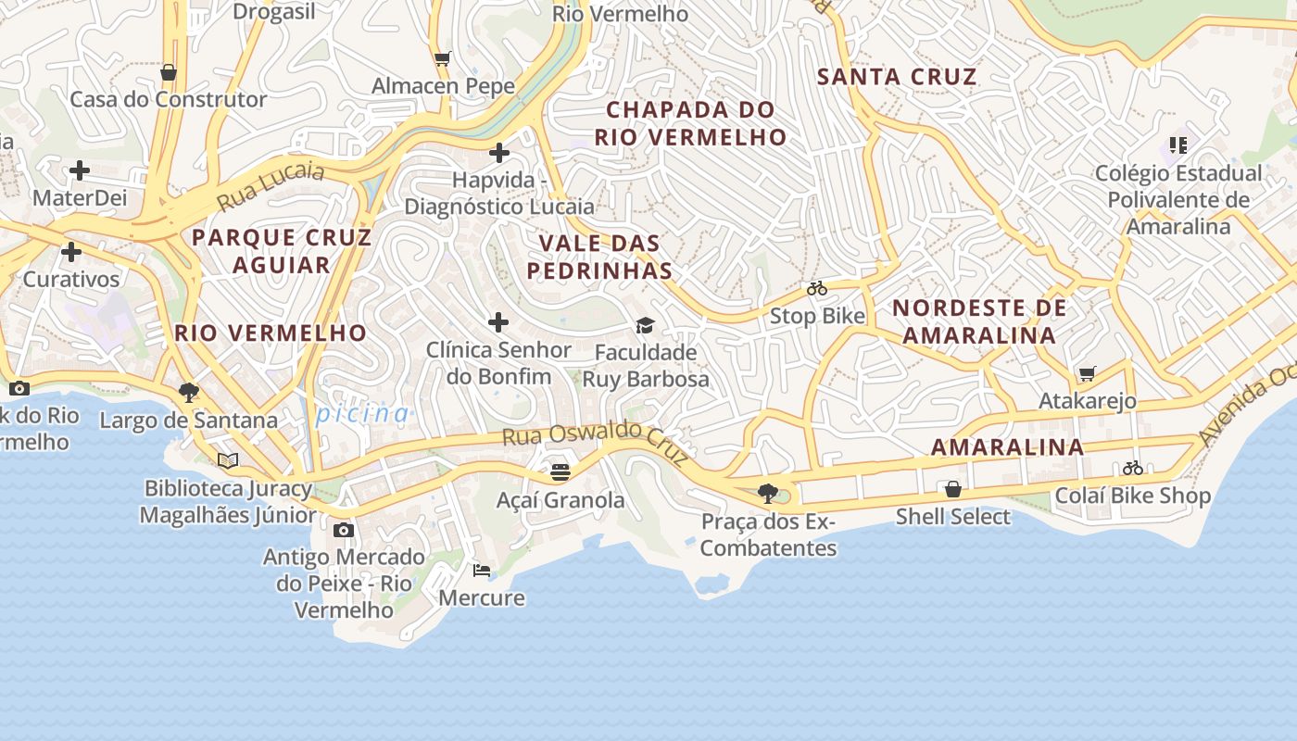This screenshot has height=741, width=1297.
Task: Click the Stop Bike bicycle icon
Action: click(x=816, y=289)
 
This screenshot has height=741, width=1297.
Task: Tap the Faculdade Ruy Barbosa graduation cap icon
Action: click(x=645, y=325)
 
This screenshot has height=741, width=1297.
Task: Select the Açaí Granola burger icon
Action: click(x=560, y=472)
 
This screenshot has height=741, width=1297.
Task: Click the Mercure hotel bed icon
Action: click(x=481, y=570)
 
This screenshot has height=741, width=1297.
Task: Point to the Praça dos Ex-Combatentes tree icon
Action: click(x=768, y=493)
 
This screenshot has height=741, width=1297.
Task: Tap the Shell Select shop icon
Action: click(x=952, y=489)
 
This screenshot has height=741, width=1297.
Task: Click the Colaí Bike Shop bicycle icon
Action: click(x=1132, y=468)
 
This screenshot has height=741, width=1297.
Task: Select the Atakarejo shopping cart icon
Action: click(x=1087, y=374)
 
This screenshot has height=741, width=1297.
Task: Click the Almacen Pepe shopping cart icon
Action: click(x=443, y=59)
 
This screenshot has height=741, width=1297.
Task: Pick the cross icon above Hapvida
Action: click(x=499, y=152)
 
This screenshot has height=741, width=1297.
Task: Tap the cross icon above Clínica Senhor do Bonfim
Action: click(x=498, y=322)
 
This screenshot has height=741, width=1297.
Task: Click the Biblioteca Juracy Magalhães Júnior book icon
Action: click(x=228, y=460)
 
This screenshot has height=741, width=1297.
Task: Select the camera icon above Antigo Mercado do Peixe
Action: click(x=344, y=530)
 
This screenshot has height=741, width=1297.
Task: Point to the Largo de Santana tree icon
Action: click(x=189, y=393)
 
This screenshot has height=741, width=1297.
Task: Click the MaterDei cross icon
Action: click(x=80, y=170)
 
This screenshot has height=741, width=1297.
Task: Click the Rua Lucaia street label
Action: click(x=271, y=185)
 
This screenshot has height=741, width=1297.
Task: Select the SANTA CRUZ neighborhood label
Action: click(x=897, y=77)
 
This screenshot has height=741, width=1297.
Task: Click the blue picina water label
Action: click(x=362, y=413)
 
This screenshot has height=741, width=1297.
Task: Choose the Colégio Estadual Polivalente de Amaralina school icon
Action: click(x=1177, y=144)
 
